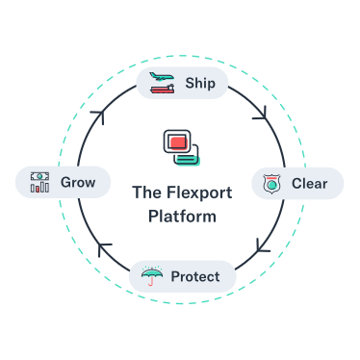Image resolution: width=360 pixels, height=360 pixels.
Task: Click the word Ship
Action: pos(200,83)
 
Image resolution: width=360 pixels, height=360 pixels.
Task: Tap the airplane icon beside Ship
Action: pos(162,77)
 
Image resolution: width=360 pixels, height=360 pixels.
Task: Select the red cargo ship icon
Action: pos(163,89)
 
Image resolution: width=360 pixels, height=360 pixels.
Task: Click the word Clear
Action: pos(309,184)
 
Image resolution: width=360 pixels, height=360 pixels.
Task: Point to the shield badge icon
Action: pos(271,184)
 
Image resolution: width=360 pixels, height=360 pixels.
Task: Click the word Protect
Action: pos(195,276)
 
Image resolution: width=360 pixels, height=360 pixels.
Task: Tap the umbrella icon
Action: pos(152,275)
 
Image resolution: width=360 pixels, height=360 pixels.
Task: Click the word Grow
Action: pos(78,182)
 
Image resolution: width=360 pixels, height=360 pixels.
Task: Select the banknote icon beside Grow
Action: pos(39,176)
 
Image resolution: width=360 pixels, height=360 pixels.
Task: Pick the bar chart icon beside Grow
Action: pos(39,187)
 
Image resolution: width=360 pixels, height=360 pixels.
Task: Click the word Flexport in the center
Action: pos(199,193)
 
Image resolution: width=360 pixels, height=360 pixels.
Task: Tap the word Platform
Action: pos(182,216)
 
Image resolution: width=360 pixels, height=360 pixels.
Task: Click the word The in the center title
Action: pos(147,193)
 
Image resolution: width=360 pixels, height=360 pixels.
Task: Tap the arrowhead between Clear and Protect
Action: pos(262,246)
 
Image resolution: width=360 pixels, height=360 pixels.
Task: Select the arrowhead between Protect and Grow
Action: pos(103,248)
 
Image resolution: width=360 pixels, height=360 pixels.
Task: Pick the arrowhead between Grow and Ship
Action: pos(99,116)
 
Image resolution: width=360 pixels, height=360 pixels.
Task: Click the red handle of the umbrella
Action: pos(150,281)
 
